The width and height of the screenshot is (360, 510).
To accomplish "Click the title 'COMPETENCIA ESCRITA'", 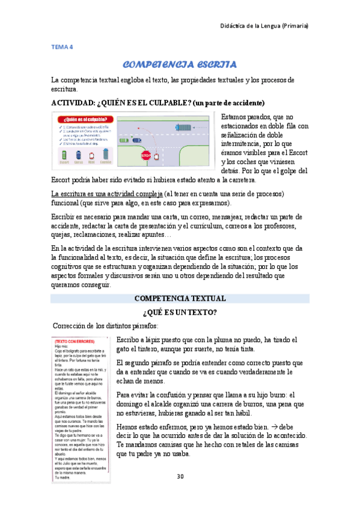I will click(179, 64).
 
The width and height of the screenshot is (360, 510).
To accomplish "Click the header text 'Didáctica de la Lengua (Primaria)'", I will click(263, 26).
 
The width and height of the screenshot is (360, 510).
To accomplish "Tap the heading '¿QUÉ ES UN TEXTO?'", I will click(180, 312).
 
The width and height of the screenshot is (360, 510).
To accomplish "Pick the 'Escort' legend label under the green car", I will click(64, 162).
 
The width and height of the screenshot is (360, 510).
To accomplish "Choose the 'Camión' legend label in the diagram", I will click(105, 162).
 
